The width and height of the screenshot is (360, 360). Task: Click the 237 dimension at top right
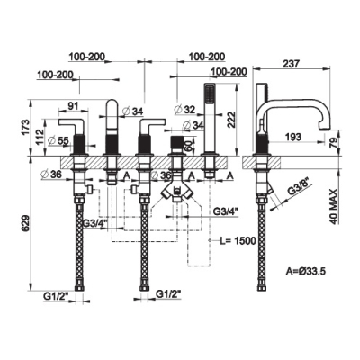[x=292, y=64]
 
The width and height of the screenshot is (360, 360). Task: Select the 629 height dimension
[x=26, y=223]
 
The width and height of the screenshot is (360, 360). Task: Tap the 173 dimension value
[x=26, y=127]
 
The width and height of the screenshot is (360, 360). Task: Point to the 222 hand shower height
[x=230, y=120]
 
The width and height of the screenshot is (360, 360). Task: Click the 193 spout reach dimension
[x=293, y=137]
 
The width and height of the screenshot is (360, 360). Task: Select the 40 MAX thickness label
[x=334, y=207]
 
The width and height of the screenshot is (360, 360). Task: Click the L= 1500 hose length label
[x=238, y=240]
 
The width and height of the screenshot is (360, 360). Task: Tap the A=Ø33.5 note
[x=305, y=272]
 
